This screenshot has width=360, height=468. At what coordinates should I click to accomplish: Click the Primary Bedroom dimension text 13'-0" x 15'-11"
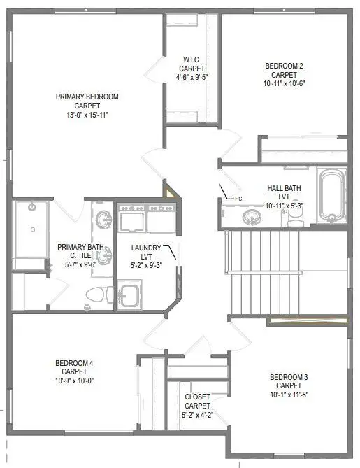[x=87, y=114]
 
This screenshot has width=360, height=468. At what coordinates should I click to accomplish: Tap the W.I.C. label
[x=192, y=59]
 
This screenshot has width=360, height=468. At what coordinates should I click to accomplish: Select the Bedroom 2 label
[x=285, y=66]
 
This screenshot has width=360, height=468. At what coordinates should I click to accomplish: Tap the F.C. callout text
[x=238, y=199]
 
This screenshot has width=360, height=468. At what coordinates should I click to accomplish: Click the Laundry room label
[x=147, y=248]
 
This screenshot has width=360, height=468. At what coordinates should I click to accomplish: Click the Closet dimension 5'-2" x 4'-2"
[x=197, y=415]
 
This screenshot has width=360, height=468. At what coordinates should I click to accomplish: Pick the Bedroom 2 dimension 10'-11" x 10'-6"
[x=285, y=84]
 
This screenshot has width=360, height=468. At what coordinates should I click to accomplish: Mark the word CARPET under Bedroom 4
[x=74, y=371]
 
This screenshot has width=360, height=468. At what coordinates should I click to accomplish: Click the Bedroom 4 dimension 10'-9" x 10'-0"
[x=74, y=381]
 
